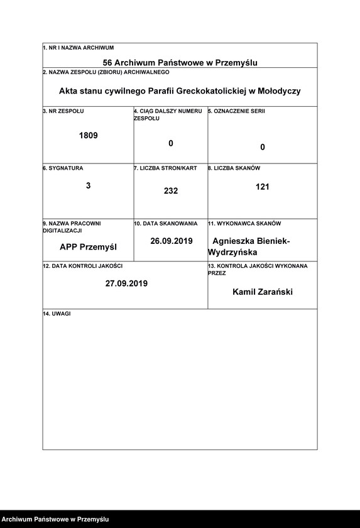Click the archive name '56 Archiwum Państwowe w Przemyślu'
[x=180, y=62]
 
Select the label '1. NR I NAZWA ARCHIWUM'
[x=78, y=48]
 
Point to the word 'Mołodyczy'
[x=278, y=91]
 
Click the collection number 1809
[x=88, y=135]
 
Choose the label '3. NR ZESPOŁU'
[x=63, y=111]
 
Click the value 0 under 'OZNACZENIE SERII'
[x=263, y=147]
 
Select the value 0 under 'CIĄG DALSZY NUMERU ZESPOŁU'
[x=170, y=143]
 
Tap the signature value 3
[x=88, y=185]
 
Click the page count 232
[x=171, y=190]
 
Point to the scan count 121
[x=263, y=187]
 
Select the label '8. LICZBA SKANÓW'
[x=234, y=168]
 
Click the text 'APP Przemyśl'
[x=88, y=246]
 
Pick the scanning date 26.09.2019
[x=171, y=241]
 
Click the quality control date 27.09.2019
[x=126, y=283]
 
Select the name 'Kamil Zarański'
[x=262, y=292]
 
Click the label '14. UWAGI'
[x=57, y=313]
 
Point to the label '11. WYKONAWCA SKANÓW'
[x=244, y=224]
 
